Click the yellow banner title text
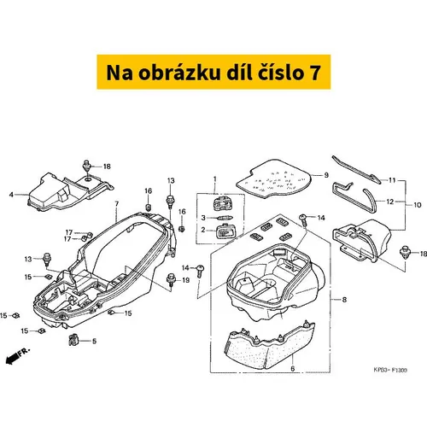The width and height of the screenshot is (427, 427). [213, 73]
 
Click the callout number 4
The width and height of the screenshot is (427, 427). [11, 195]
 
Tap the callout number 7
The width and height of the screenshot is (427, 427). [117, 204]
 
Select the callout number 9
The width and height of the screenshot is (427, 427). [326, 175]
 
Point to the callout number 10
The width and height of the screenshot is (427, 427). [418, 205]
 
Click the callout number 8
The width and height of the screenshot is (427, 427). [344, 300]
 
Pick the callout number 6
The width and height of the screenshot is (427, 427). [293, 368]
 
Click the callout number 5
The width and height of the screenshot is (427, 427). [95, 341]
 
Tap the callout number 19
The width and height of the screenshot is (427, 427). [185, 280]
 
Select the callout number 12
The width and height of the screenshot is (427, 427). [390, 202]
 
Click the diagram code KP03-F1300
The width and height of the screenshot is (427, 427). [390, 370]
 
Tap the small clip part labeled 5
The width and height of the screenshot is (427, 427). [73, 339]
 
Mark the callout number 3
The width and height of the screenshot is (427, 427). [203, 218]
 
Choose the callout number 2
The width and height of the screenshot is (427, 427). [203, 230]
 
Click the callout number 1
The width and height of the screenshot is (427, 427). [215, 179]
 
